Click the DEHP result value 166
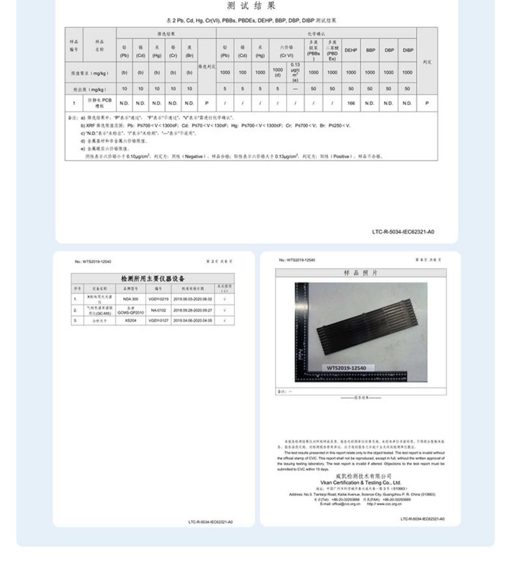351,103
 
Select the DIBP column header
408,50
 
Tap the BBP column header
370,50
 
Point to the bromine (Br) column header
189,51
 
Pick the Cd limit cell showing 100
242,72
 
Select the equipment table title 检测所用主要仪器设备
153,278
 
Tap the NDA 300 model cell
130,299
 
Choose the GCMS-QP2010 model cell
130,310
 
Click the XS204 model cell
130,320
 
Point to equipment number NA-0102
158,310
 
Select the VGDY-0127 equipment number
158,320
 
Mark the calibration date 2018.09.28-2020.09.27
193,310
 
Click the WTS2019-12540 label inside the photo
346,368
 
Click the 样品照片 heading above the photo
360,273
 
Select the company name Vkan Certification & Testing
360,482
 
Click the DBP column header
389,50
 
